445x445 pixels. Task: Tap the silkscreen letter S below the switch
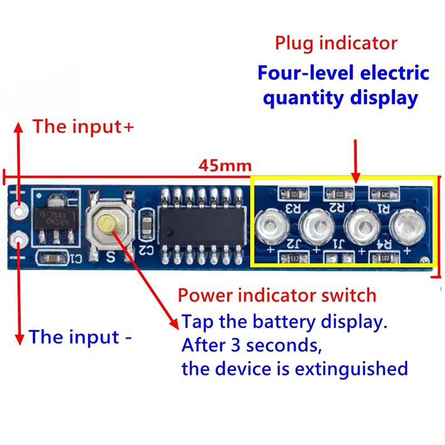pos(110,257)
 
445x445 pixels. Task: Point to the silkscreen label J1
pos(338,244)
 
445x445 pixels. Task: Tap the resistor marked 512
pos(294,259)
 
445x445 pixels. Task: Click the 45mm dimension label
pos(225,166)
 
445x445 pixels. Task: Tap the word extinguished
pos(350,368)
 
